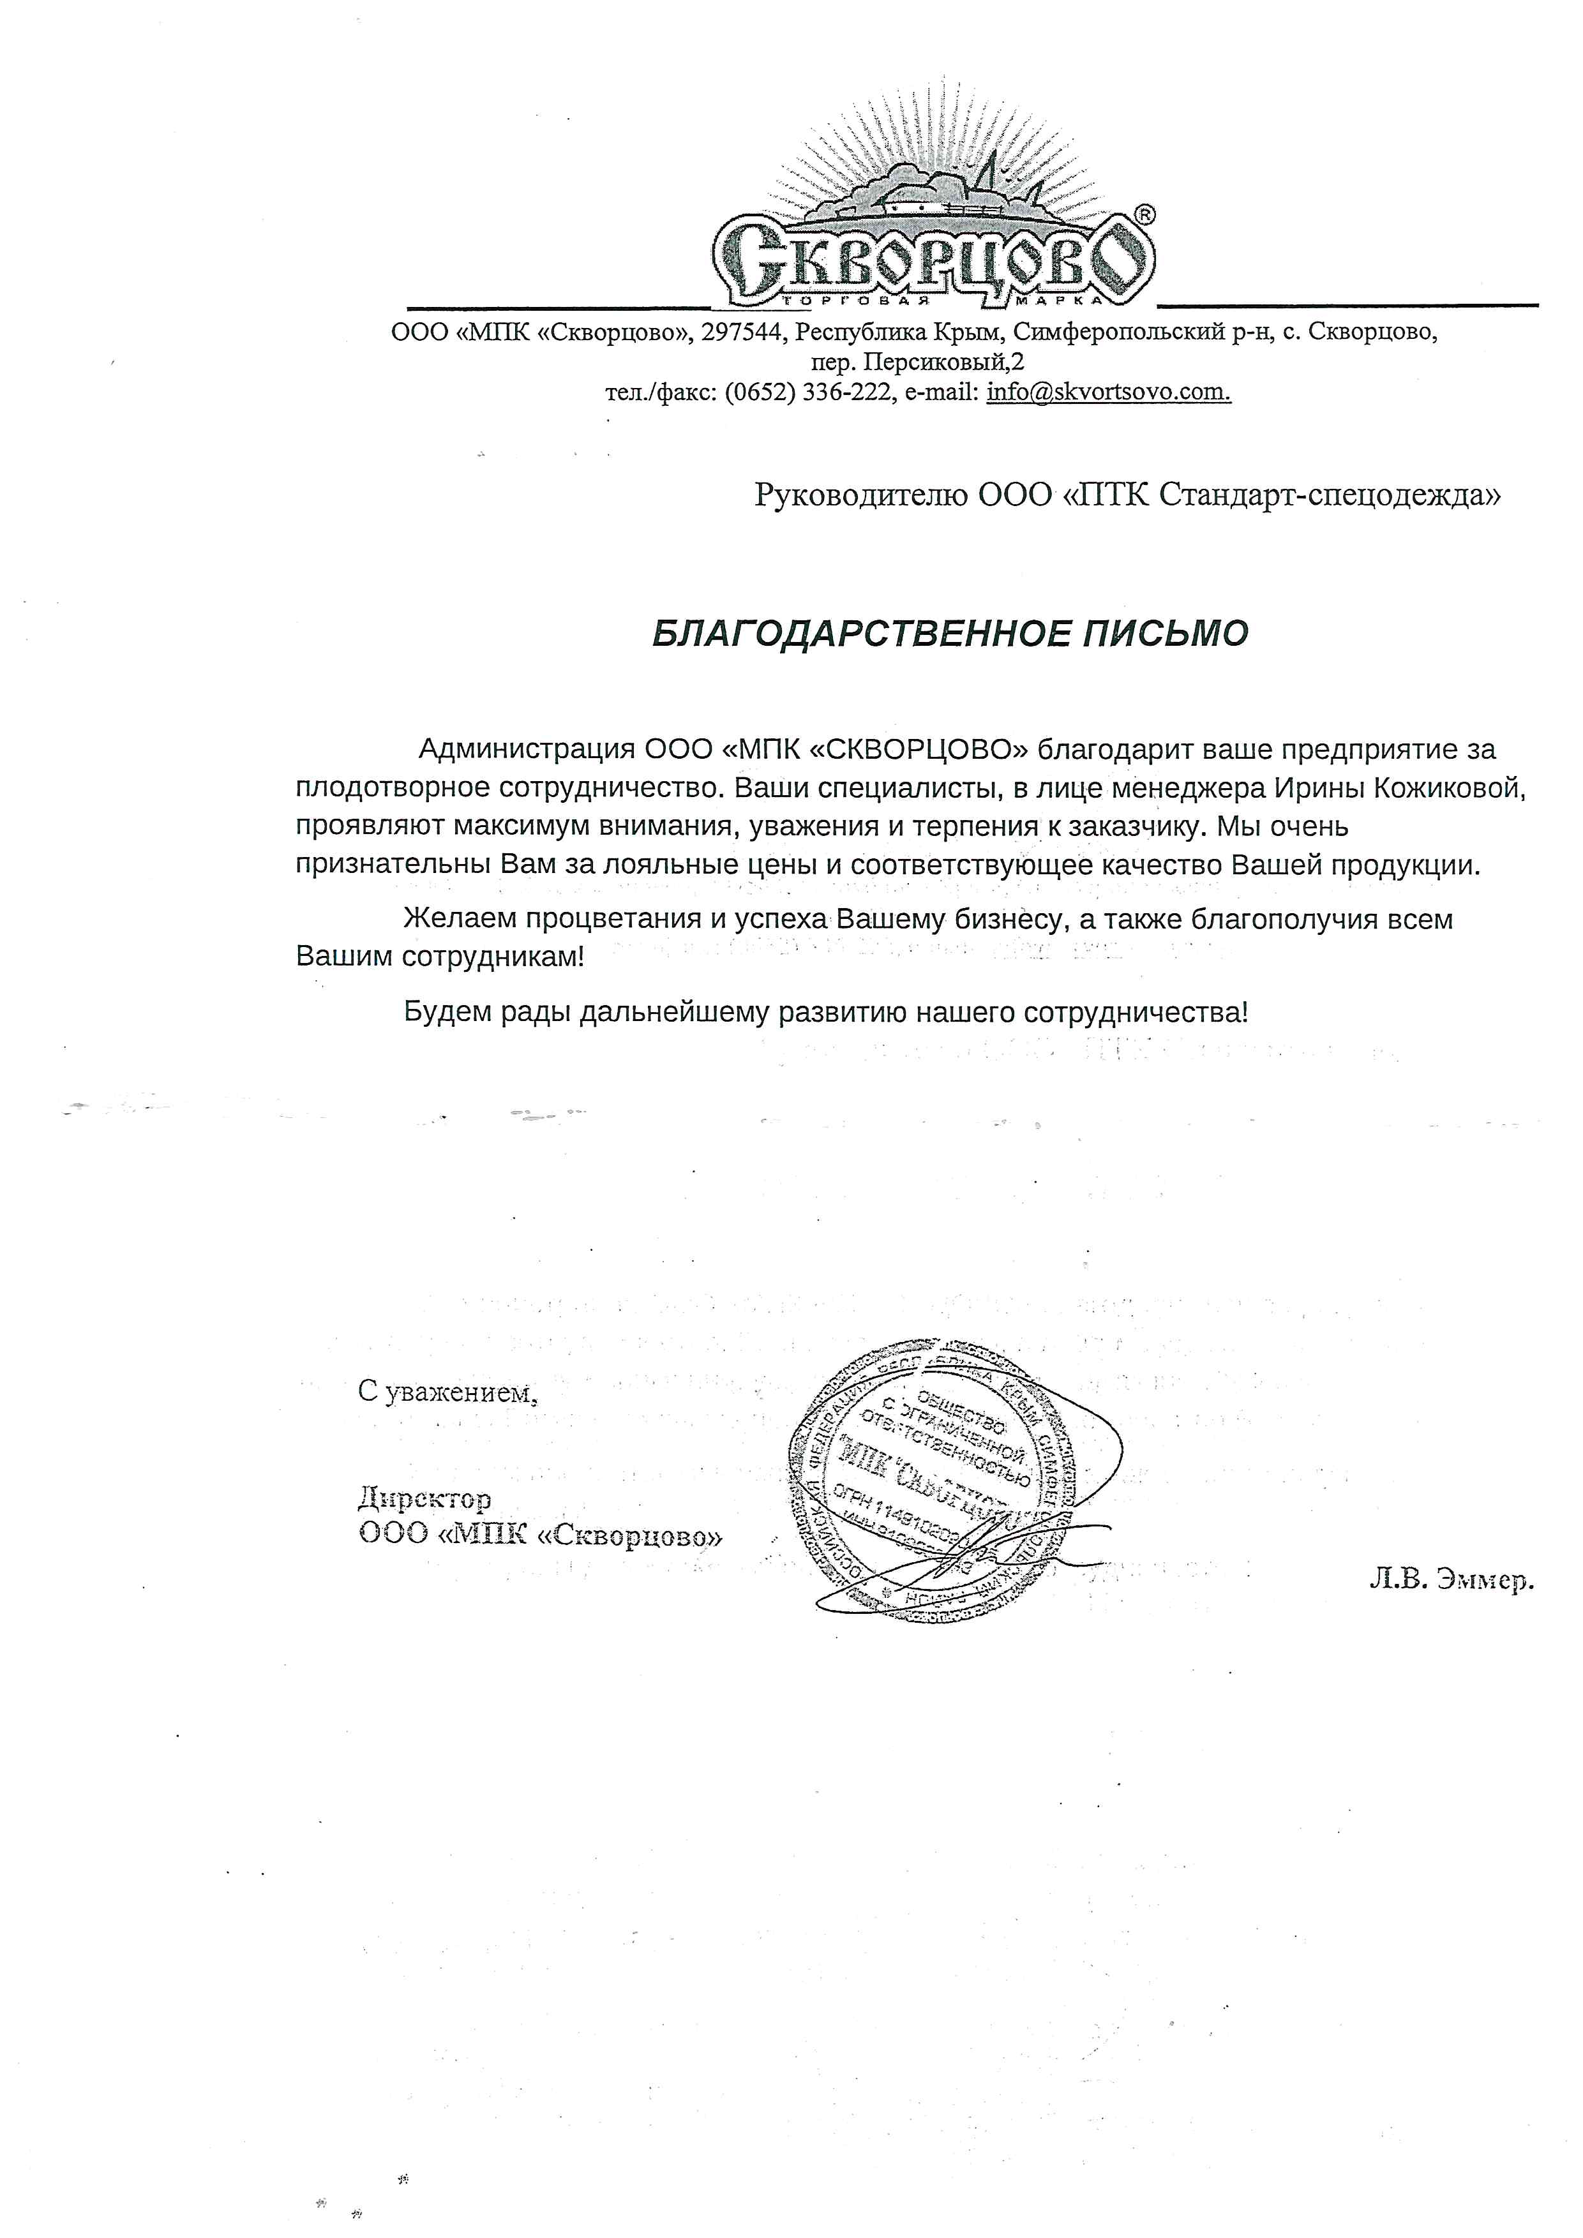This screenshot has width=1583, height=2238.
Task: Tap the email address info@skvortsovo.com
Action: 1108,392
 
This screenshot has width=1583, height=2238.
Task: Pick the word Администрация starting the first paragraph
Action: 527,750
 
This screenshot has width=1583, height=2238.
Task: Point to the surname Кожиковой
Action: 1448,787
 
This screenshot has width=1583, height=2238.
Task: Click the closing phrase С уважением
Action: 447,1392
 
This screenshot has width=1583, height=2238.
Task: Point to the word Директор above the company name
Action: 425,1497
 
